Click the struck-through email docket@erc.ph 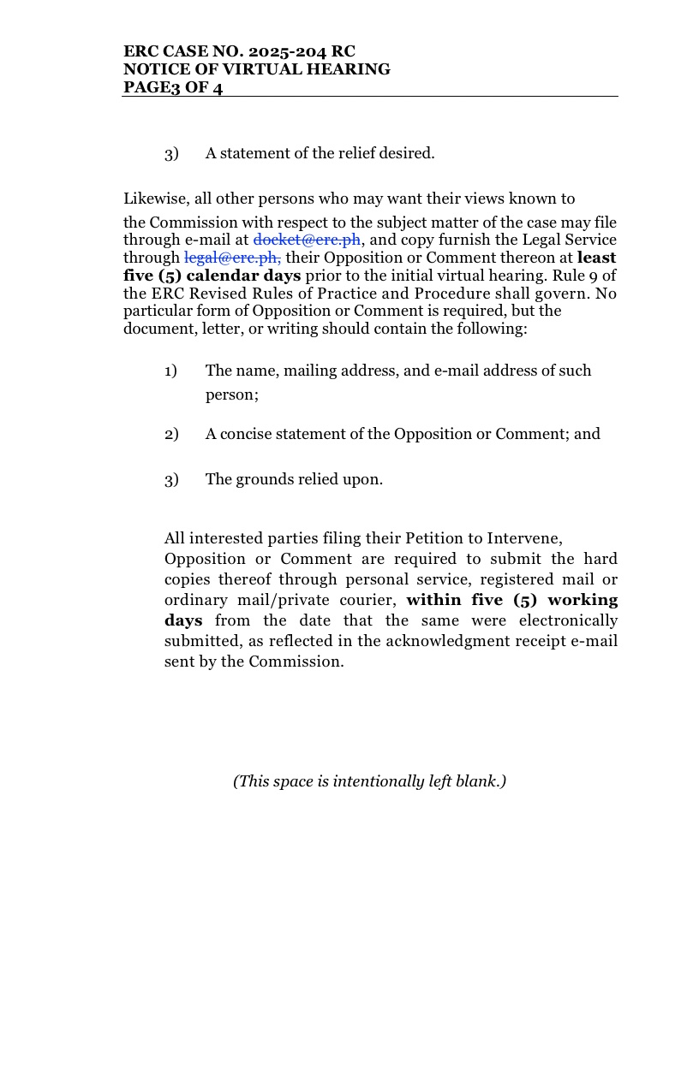(x=307, y=240)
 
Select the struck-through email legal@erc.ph (x=232, y=258)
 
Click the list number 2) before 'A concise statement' (x=171, y=434)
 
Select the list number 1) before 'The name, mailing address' (x=171, y=371)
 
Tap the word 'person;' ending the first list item (x=232, y=395)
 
